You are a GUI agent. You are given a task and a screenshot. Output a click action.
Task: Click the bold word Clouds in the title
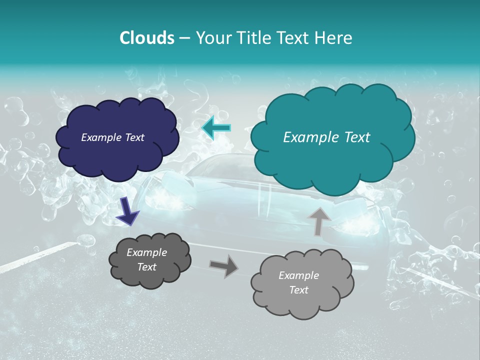[146, 38]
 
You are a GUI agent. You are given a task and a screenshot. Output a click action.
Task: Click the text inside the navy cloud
[112, 137]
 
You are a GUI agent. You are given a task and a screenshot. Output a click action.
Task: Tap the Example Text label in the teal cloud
[326, 137]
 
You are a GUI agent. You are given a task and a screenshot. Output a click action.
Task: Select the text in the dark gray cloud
[146, 259]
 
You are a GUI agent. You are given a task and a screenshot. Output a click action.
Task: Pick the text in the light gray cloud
[298, 282]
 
